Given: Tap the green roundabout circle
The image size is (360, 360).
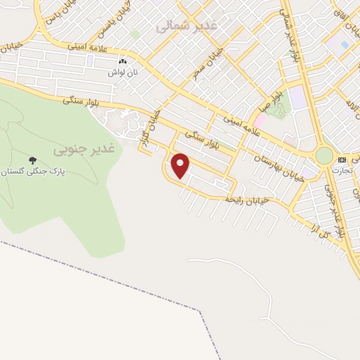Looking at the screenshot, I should (324, 155).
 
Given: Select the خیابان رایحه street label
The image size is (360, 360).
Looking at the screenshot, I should (244, 200).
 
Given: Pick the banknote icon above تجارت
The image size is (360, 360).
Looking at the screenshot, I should (342, 160).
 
